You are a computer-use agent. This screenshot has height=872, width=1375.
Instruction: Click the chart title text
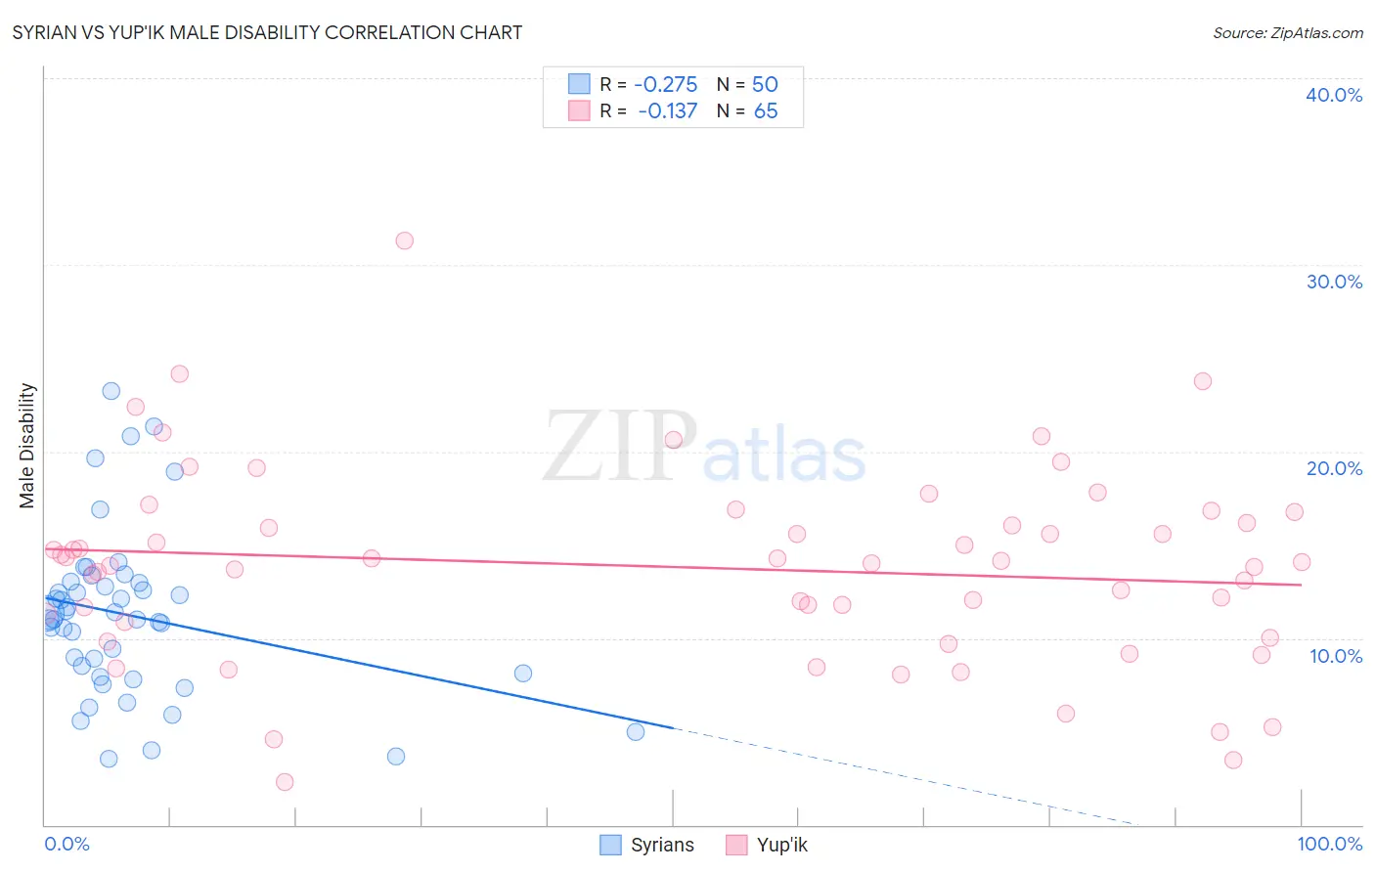pyautogui.click(x=267, y=32)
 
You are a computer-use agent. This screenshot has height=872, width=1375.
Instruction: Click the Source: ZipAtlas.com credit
pyautogui.click(x=1287, y=32)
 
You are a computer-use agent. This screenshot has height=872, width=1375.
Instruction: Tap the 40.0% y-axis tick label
pyautogui.click(x=1333, y=95)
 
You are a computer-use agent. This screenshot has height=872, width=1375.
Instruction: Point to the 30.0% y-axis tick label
pyautogui.click(x=1333, y=282)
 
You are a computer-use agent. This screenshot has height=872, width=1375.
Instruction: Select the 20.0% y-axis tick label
pyautogui.click(x=1333, y=468)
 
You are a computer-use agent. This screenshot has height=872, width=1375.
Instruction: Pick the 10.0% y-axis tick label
pyautogui.click(x=1335, y=656)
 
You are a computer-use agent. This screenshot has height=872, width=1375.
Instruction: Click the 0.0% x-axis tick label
pyautogui.click(x=67, y=844)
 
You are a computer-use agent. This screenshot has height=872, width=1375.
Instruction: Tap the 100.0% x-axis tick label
pyautogui.click(x=1329, y=844)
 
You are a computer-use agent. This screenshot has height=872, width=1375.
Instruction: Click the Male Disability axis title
pyautogui.click(x=27, y=445)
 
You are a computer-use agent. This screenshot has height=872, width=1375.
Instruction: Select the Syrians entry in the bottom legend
pyautogui.click(x=662, y=845)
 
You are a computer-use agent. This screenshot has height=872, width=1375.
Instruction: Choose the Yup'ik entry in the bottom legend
pyautogui.click(x=781, y=845)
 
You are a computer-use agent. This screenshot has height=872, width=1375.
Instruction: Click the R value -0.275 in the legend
pyautogui.click(x=665, y=84)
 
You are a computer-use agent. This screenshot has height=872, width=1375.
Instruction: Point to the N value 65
pyautogui.click(x=766, y=111)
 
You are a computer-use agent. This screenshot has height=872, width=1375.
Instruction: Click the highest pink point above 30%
pyautogui.click(x=404, y=240)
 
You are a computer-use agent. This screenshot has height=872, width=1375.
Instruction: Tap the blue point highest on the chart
pyautogui.click(x=111, y=391)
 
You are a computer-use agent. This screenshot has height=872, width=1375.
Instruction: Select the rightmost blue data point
pyautogui.click(x=636, y=731)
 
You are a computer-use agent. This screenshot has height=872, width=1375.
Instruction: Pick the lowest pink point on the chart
pyautogui.click(x=285, y=781)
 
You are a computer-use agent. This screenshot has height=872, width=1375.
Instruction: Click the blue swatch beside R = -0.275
pyautogui.click(x=579, y=84)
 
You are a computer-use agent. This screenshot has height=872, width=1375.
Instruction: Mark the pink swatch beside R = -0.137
pyautogui.click(x=579, y=111)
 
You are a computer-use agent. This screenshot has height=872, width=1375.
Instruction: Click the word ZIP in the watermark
pyautogui.click(x=619, y=447)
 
